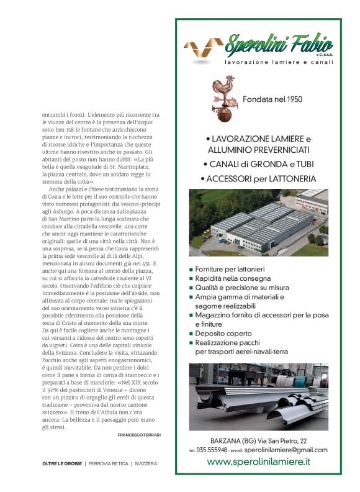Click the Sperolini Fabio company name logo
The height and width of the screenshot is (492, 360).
[278, 45]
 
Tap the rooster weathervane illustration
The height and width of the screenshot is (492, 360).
[223, 98]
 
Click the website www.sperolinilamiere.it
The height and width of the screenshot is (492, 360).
[258, 462]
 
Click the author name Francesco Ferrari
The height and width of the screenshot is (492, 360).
[138, 435]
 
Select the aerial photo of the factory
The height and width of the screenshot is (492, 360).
[258, 223]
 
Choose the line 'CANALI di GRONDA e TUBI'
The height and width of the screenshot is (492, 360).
[258, 164]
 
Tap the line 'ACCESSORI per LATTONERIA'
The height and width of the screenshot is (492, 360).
[258, 179]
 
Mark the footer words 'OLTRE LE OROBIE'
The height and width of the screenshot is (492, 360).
[61, 463]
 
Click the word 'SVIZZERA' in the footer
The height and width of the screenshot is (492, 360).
[146, 463]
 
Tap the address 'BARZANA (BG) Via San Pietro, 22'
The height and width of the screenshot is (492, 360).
[258, 439]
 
